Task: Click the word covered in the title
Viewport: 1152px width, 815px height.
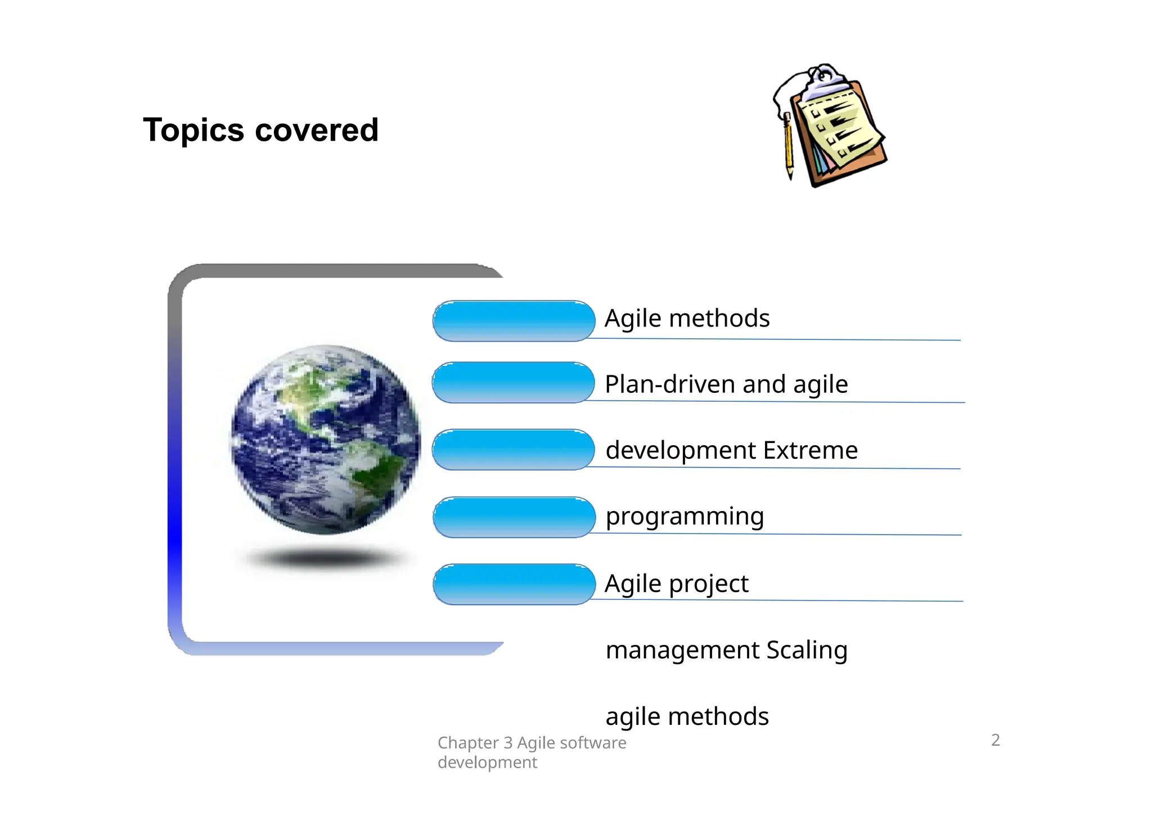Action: tap(316, 131)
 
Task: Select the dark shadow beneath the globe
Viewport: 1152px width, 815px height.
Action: tap(325, 558)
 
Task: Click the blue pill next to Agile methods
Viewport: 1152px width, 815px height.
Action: tap(514, 321)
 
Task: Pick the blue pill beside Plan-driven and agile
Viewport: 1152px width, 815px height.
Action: tap(513, 383)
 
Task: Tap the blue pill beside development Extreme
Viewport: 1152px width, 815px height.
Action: tap(513, 450)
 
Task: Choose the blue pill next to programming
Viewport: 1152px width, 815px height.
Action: tap(514, 517)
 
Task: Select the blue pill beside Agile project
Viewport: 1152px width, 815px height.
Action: tap(514, 584)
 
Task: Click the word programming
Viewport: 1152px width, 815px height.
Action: tap(685, 517)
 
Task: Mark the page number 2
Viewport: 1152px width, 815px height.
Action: tap(995, 740)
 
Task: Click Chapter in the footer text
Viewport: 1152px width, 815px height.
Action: tap(468, 743)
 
